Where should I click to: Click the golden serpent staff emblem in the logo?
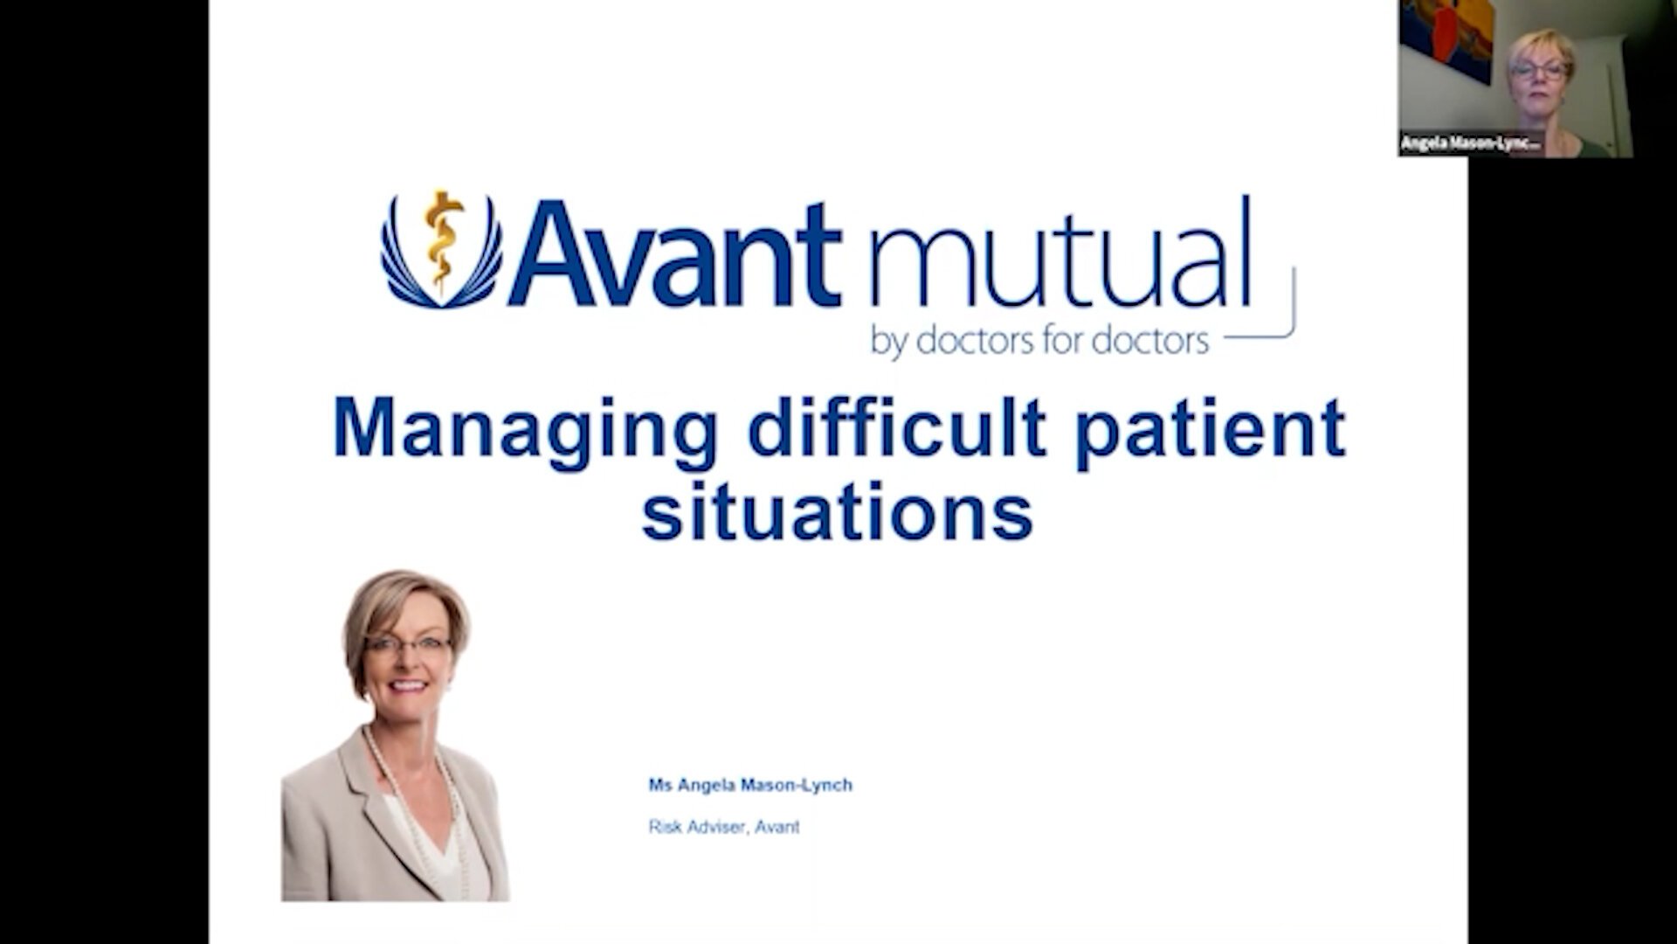(443, 240)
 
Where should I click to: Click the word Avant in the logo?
(675, 255)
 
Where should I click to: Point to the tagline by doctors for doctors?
(1039, 341)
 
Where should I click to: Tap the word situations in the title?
(838, 513)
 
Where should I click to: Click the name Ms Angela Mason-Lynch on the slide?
(749, 785)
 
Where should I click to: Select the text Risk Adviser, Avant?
(723, 826)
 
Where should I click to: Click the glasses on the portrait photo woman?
(408, 648)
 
